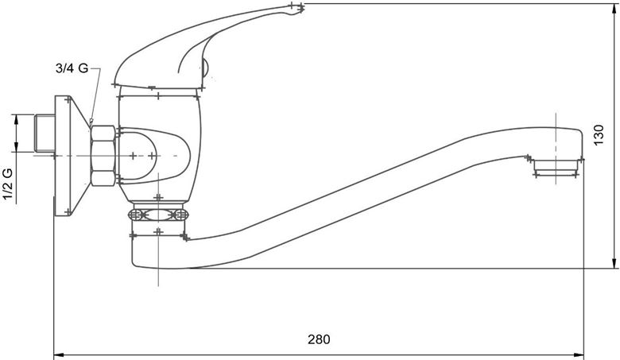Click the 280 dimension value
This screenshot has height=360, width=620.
(x=319, y=339)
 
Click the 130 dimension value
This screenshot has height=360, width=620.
(x=599, y=135)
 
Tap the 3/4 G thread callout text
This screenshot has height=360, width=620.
(x=72, y=68)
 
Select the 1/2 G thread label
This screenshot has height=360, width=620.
(x=8, y=184)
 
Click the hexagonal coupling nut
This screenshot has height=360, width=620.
(x=103, y=156)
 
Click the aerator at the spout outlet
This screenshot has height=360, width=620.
(x=556, y=167)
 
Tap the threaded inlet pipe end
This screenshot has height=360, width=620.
(x=45, y=134)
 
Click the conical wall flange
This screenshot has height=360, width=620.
(x=72, y=156)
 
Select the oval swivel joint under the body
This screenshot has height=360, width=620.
(x=158, y=215)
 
